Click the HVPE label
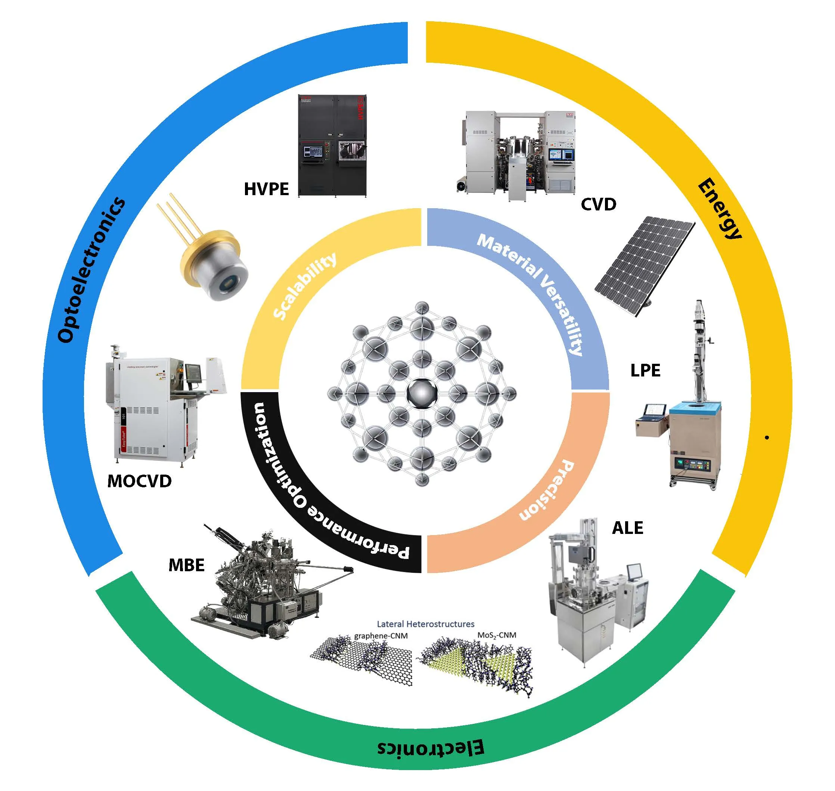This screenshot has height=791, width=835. click(266, 189)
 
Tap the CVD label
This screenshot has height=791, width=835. click(598, 204)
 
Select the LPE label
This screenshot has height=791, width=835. click(645, 370)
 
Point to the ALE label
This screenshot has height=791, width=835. click(627, 528)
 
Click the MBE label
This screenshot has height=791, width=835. click(186, 565)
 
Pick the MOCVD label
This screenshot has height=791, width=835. click(139, 481)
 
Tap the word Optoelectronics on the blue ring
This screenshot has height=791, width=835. click(91, 270)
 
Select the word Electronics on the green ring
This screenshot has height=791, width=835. click(430, 748)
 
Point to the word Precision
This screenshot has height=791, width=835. click(547, 490)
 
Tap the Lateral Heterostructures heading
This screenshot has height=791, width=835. click(425, 623)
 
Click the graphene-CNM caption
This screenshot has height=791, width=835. click(381, 635)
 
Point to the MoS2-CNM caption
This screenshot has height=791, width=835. click(497, 635)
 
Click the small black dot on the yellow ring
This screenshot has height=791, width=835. click(767, 438)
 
